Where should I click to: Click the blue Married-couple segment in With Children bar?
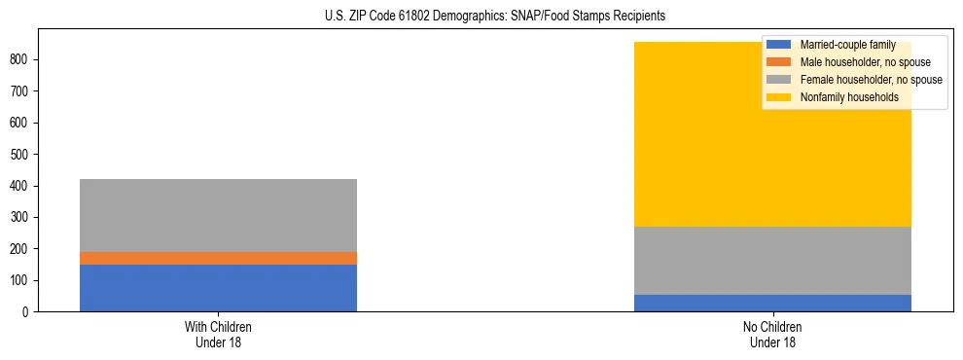[218, 288]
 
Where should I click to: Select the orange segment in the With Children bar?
[218, 258]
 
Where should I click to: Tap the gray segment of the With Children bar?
[218, 215]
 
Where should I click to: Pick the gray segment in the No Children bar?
[772, 261]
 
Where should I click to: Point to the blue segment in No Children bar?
[772, 303]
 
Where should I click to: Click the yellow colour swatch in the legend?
[779, 97]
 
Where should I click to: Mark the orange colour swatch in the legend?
[779, 62]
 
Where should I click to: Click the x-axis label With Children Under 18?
[218, 335]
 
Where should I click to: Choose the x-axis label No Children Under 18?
[772, 335]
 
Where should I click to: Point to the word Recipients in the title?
[638, 17]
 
